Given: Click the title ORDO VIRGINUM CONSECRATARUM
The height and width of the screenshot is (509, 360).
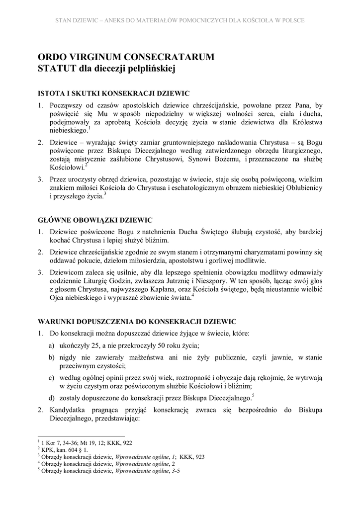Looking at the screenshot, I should [x=126, y=57].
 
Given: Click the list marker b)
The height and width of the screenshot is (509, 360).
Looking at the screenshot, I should [x=51, y=357].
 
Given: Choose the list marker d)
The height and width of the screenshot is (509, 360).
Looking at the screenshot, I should [x=51, y=398].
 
